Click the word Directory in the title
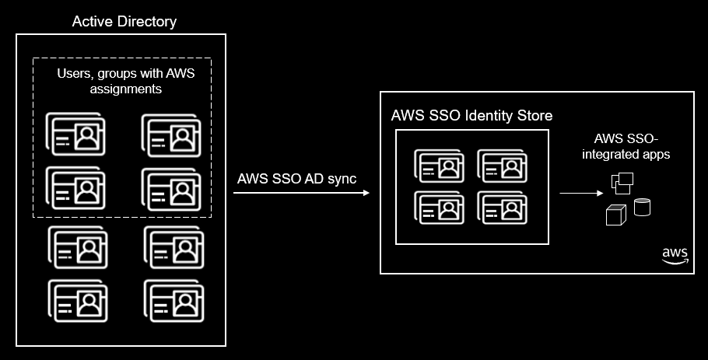[x=147, y=22]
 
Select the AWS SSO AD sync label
[x=296, y=178]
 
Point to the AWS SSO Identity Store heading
[x=471, y=116]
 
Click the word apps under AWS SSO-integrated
[x=654, y=155]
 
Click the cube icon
[x=615, y=215]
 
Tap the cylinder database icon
[x=643, y=208]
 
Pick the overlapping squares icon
[x=622, y=183]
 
